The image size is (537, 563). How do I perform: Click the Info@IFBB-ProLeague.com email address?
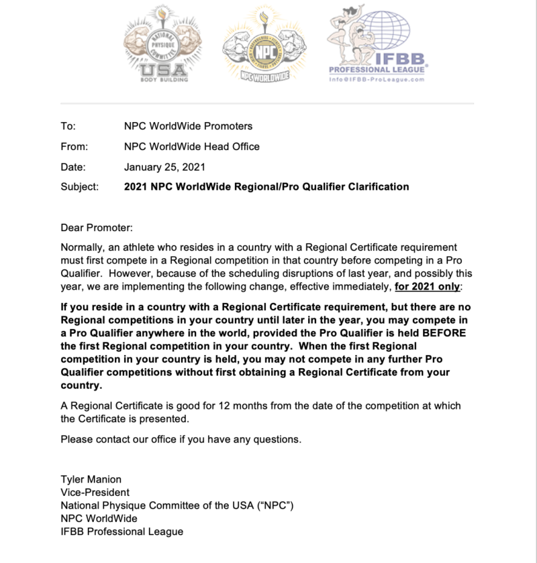click(377, 79)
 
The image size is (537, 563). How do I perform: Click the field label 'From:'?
click(74, 146)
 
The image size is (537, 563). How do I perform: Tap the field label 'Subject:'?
click(79, 186)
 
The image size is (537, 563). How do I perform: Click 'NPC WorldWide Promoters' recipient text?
click(189, 126)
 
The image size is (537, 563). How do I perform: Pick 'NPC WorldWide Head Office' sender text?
click(192, 146)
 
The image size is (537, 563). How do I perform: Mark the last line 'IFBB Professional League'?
click(121, 531)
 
